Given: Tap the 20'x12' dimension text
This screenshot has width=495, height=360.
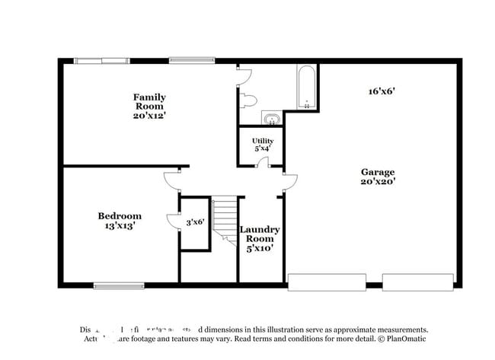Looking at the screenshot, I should tap(149, 116).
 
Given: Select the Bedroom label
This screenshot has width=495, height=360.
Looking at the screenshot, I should tap(120, 215).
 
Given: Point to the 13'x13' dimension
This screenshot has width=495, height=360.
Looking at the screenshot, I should tap(120, 226).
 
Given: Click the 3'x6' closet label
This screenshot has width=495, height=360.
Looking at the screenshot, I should tap(195, 222).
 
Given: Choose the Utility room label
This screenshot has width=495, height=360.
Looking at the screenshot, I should tap(263, 141).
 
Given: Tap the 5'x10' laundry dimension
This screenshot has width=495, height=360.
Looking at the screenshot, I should tap(260, 248).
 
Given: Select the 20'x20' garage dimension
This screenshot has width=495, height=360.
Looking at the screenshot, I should tap(378, 182).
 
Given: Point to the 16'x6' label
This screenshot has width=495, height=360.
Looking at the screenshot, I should tap(381, 91).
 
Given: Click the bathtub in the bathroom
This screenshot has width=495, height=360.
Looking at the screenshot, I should tap(305, 88).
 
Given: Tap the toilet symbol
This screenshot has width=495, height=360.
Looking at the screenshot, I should tap(251, 102).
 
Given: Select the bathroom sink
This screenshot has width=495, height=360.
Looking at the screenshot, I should tap(271, 118).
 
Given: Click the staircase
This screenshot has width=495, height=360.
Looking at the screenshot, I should tap(225, 218).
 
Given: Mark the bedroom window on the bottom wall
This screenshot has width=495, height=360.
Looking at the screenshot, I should tap(114, 285).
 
